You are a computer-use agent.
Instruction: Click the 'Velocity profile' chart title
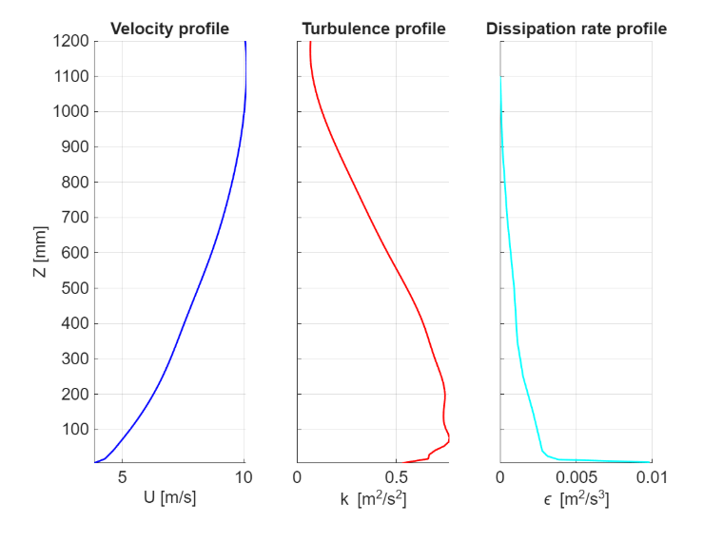pos(169,29)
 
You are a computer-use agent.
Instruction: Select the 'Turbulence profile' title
pos(374,29)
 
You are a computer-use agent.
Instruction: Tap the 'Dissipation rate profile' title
pos(576,29)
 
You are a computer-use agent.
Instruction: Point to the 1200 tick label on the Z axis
pos(71,41)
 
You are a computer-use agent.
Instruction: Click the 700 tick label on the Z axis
pos(75,217)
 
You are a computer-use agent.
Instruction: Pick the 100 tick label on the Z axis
pos(75,429)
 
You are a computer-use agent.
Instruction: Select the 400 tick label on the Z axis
pos(75,323)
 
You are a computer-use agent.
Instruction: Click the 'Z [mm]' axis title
pos(40,252)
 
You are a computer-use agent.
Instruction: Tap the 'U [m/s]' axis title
pos(169,497)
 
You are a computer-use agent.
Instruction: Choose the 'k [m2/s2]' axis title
pos(374,498)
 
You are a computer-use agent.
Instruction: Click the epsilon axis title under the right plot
pos(576,498)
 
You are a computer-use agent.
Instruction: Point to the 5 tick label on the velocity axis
pos(122,477)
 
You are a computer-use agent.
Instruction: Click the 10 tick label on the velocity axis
pos(244,477)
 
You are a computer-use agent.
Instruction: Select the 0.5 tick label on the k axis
pos(396,477)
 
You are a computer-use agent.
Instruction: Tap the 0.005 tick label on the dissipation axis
pos(576,477)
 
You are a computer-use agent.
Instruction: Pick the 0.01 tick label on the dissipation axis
pos(652,477)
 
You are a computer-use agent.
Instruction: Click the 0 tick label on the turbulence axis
pos(297,477)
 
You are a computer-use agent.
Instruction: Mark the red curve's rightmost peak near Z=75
pos(449,438)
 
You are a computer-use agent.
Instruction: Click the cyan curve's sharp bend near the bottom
pos(542,451)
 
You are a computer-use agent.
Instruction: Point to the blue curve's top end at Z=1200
pos(245,42)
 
